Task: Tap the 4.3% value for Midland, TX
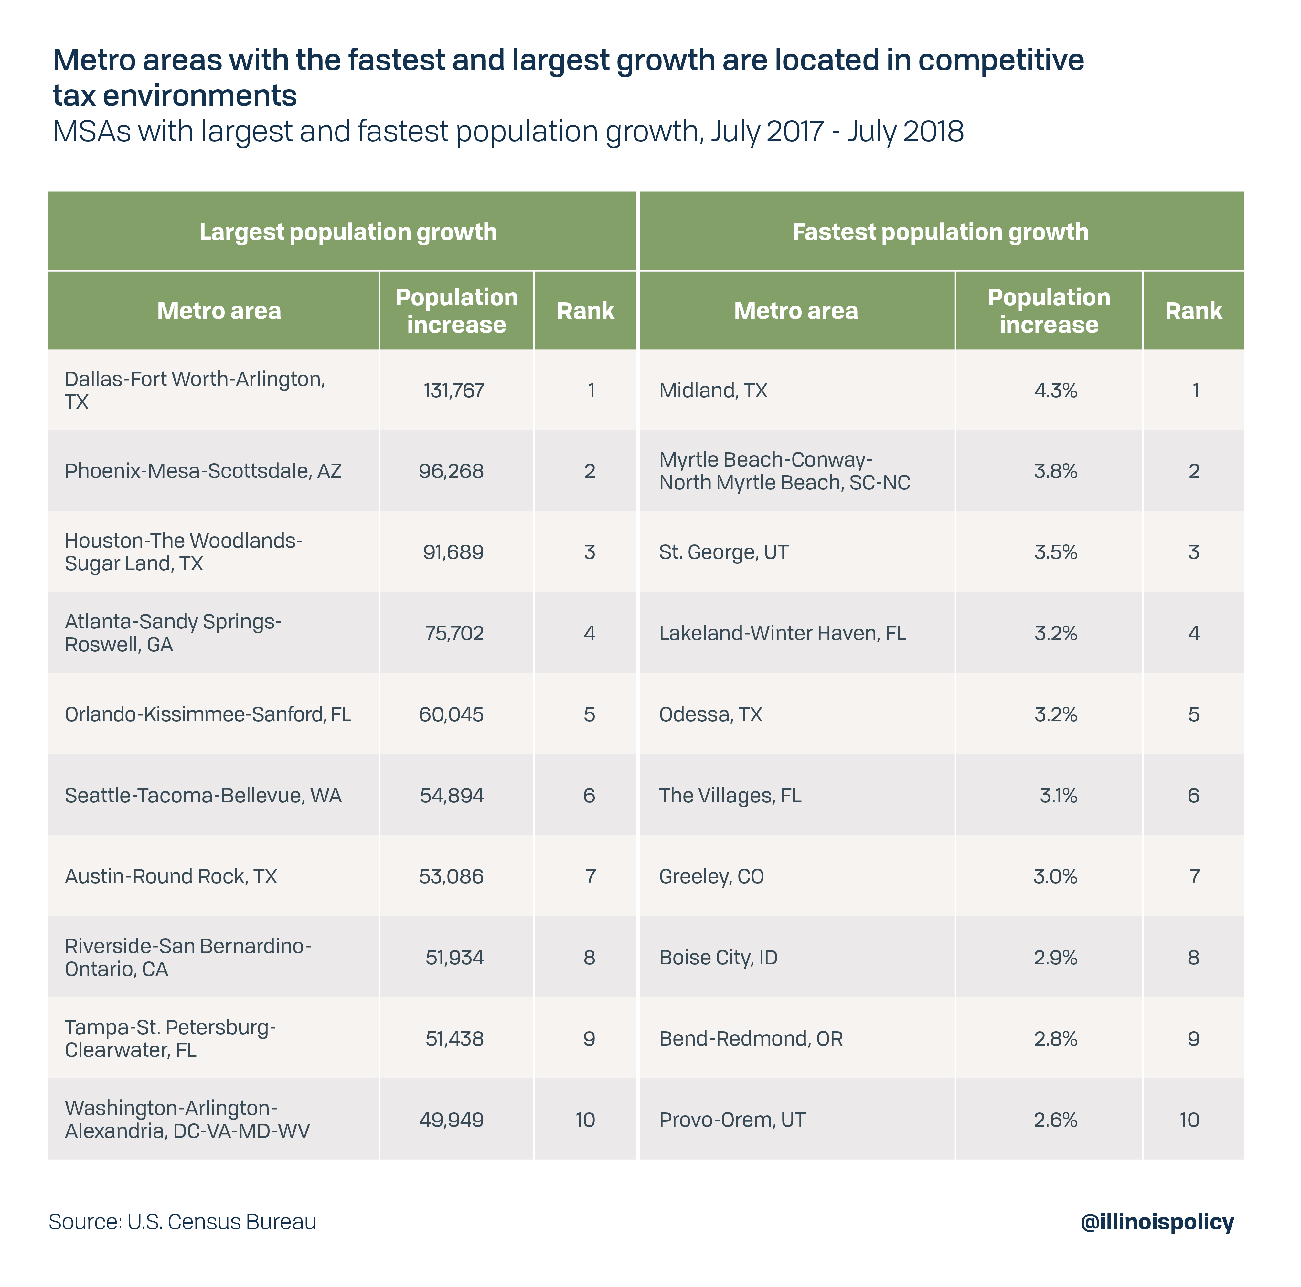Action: coord(1055,391)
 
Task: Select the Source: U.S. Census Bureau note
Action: coord(183,1222)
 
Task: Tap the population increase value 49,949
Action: coord(451,1119)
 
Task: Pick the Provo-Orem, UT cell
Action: coord(732,1119)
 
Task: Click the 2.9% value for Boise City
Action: coord(1055,957)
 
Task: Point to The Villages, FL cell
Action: coord(730,795)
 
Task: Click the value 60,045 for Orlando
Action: coord(451,714)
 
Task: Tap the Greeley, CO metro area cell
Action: coord(711,876)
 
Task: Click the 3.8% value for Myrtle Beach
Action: coord(1055,471)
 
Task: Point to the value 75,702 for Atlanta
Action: coord(454,633)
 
